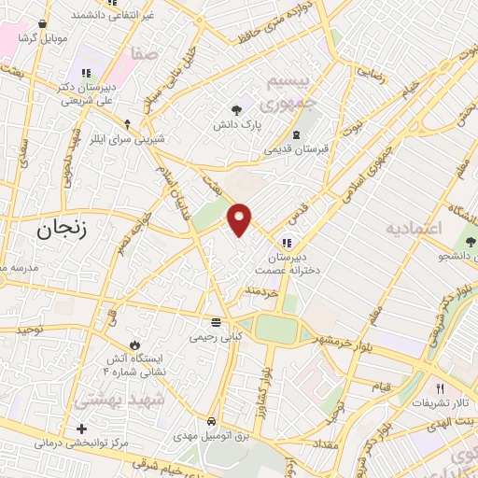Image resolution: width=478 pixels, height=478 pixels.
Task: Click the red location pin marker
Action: [240, 218]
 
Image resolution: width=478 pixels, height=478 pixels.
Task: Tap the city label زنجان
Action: [62, 229]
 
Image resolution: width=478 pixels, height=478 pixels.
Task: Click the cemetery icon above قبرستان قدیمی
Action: [296, 134]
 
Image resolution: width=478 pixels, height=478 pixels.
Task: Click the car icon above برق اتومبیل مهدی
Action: [212, 421]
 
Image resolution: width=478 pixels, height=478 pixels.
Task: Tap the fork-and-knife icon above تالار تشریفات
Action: [440, 388]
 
